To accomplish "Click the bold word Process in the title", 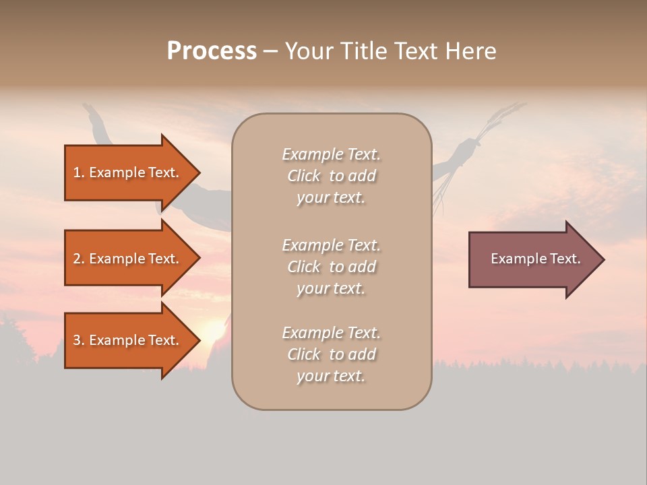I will click(x=212, y=51).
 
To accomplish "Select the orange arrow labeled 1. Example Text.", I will click(x=128, y=172).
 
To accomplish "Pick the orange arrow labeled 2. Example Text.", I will click(x=128, y=259).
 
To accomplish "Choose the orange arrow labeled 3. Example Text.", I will click(x=128, y=340).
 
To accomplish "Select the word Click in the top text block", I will click(x=304, y=176).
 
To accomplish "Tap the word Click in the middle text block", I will click(x=304, y=267).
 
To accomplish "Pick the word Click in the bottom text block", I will click(x=304, y=355).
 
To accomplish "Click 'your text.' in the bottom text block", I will click(x=331, y=377).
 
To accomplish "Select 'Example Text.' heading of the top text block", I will click(x=331, y=155).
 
